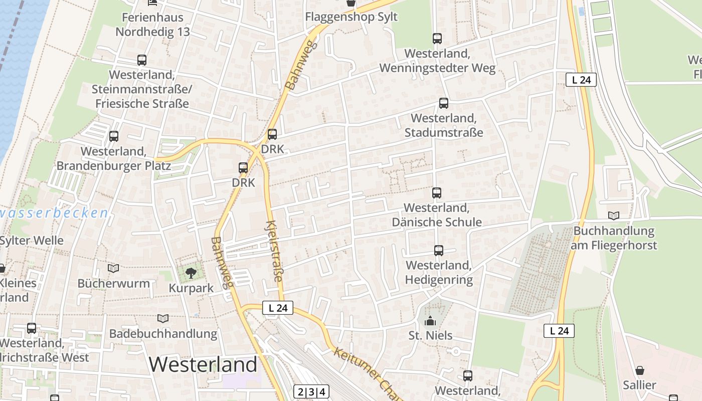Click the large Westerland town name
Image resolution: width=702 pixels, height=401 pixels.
(203, 364)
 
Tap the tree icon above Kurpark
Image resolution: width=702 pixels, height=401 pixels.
(191, 273)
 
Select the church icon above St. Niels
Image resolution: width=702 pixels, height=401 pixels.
(430, 321)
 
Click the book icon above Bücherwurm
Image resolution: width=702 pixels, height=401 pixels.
(113, 269)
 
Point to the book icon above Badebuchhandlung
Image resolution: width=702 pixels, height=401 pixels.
(163, 318)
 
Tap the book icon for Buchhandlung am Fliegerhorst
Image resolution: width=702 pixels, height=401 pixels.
(614, 216)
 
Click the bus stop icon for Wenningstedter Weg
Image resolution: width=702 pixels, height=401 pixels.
(437, 39)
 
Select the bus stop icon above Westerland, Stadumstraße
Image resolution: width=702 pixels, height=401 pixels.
(444, 103)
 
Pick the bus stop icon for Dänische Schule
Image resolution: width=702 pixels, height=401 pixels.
(437, 193)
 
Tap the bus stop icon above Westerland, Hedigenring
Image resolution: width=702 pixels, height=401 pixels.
(439, 251)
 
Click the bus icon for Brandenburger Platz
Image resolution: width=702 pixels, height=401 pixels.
(114, 136)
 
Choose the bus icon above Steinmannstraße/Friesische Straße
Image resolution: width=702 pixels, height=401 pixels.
(142, 60)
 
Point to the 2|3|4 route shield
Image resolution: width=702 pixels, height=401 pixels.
(311, 392)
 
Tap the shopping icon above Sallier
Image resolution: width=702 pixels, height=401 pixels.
(640, 371)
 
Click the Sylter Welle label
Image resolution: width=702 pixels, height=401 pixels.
(32, 241)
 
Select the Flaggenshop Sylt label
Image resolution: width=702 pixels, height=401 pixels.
(352, 17)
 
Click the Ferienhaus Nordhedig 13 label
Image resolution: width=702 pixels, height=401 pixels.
(152, 25)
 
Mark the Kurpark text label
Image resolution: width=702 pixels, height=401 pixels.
(191, 288)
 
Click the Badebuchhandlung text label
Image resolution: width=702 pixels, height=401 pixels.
(163, 333)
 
